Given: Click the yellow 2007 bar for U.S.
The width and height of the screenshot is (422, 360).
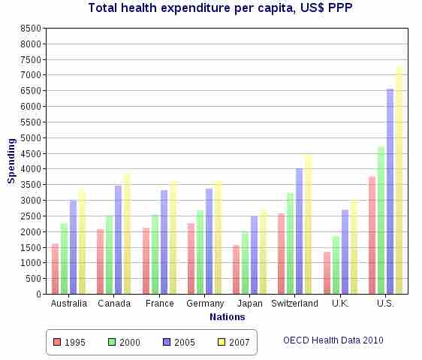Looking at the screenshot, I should (399, 180).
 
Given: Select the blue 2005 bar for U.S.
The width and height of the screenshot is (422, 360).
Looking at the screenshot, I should (390, 192).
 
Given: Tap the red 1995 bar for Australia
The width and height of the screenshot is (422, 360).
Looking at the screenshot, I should (55, 268).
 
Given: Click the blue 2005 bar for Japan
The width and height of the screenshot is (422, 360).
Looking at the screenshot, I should (255, 255).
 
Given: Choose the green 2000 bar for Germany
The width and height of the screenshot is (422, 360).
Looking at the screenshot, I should (200, 252).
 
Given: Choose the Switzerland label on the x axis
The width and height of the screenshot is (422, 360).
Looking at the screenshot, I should (295, 304).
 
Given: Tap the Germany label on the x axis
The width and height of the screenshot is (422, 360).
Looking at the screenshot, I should (204, 304).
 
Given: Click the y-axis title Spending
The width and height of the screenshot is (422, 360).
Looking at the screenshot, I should (11, 161).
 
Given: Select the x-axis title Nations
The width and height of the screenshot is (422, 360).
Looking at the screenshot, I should (227, 317).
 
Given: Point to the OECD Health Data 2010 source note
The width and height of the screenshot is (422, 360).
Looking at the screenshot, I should (333, 340).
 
